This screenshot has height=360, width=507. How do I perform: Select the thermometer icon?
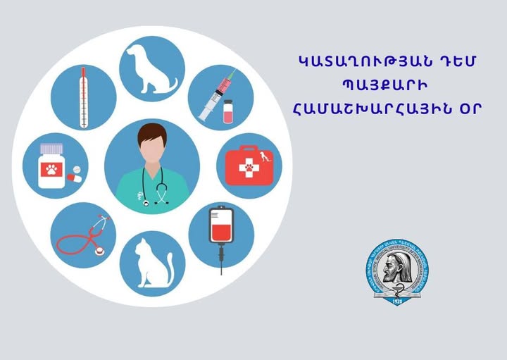point(84,97)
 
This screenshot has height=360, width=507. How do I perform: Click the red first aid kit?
point(246,166)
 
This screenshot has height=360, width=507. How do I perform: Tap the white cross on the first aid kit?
point(247,168)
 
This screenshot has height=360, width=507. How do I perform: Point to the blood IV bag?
point(221,229)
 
